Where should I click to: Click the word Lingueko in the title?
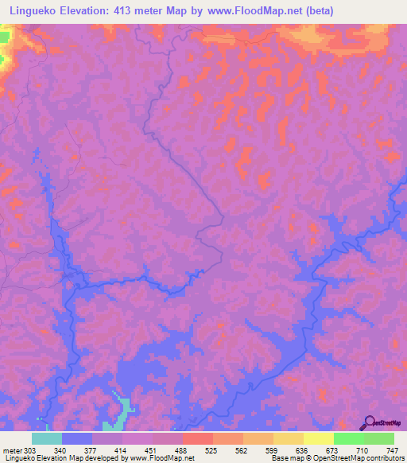pyautogui.click(x=32, y=10)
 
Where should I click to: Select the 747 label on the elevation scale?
pyautogui.click(x=390, y=449)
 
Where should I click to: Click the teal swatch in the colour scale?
pyautogui.click(x=47, y=438)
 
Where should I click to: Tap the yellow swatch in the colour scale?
pyautogui.click(x=319, y=438)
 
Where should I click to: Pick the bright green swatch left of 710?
pyautogui.click(x=349, y=438)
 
